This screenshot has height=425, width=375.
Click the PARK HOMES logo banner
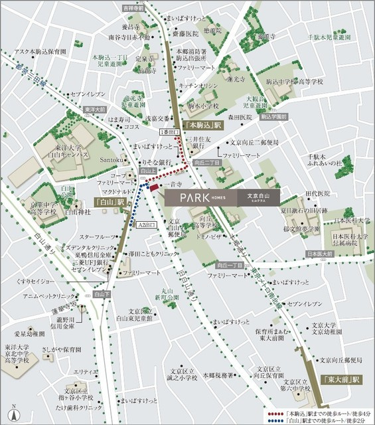[222, 197]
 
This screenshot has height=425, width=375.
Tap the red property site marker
[154, 191]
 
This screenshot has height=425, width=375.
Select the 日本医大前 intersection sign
[321, 253]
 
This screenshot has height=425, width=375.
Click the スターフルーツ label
[99, 236]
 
